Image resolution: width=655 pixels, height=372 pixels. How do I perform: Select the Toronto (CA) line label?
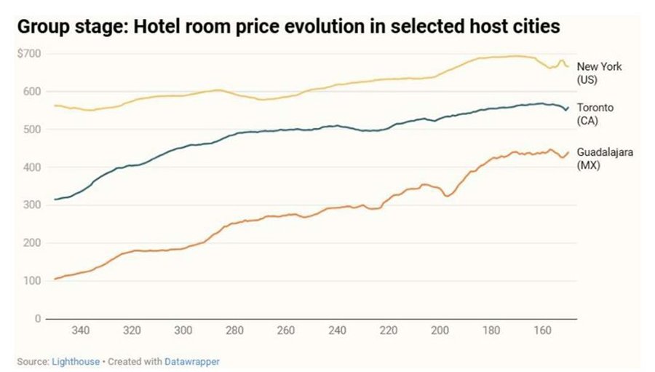pos(595,114)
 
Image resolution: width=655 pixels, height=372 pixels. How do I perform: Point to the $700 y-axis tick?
pos(29,54)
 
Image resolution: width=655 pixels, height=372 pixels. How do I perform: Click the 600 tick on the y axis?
pos(32,92)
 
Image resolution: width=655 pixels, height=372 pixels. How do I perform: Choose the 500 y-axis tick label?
pos(32,130)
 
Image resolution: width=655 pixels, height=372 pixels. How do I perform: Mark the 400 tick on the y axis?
pos(32,167)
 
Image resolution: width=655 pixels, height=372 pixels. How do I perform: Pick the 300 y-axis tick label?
pos(32,205)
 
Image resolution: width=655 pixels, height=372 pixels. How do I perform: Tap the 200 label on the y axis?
pos(32,243)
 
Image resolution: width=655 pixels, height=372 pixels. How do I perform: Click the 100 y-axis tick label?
pos(32,281)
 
